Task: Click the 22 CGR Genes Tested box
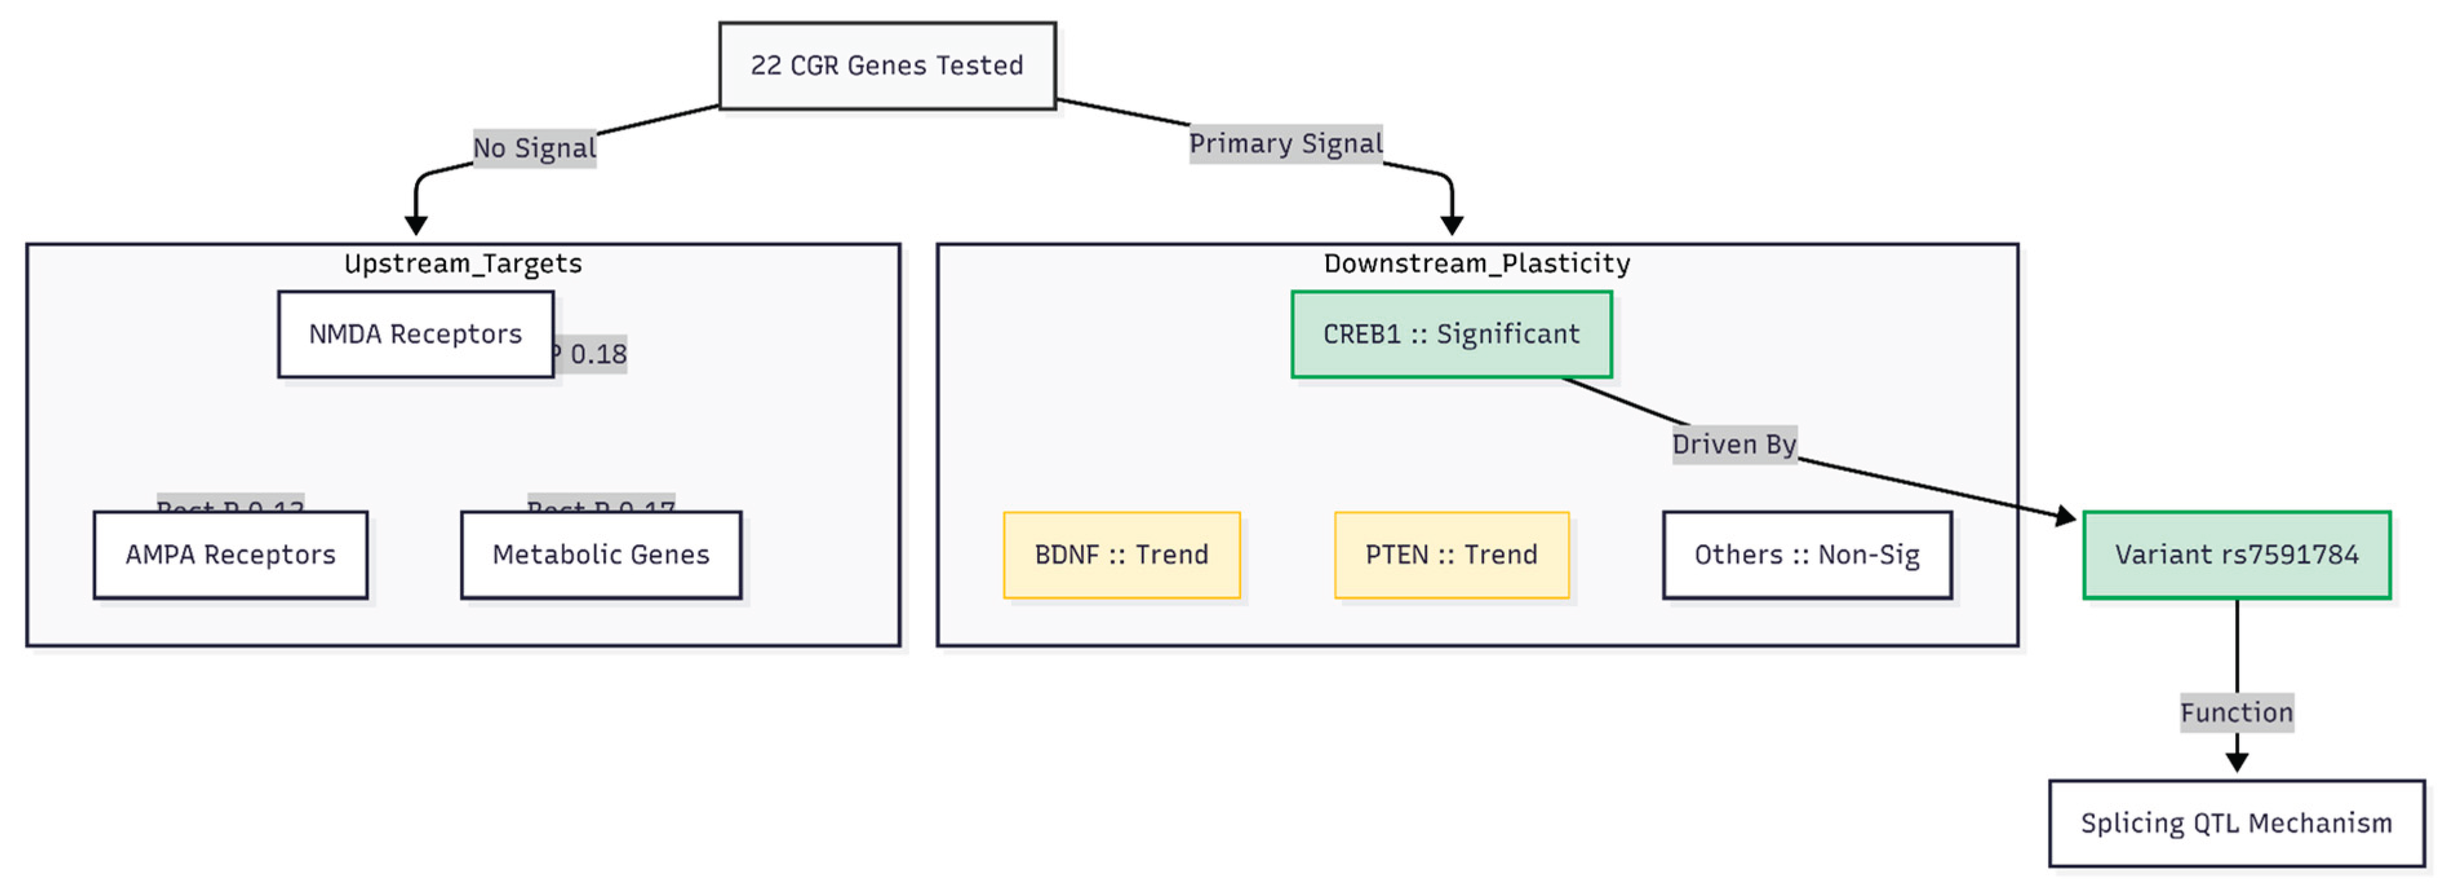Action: (886, 66)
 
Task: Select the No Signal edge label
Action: (534, 148)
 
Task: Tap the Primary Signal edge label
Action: (1285, 144)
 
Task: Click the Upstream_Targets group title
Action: (463, 263)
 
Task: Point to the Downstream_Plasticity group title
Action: (1476, 263)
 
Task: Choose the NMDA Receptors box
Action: (415, 334)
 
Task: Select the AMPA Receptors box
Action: (230, 555)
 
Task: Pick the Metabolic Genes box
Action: (601, 555)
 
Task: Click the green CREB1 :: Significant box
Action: (1451, 334)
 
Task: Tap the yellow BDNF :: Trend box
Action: (1121, 555)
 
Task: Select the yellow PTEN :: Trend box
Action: (1451, 555)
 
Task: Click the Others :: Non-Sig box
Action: (1807, 555)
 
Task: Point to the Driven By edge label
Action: (1734, 444)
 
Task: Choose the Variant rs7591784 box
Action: (2236, 555)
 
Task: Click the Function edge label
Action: (2236, 713)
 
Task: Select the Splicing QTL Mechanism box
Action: (2236, 823)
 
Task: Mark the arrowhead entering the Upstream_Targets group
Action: (416, 225)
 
